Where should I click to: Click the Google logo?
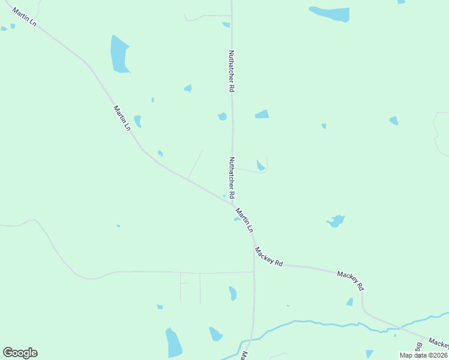pyautogui.click(x=20, y=353)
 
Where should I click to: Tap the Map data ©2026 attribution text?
pyautogui.click(x=424, y=355)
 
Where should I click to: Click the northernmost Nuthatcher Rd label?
pyautogui.click(x=231, y=71)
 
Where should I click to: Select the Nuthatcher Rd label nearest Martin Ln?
pyautogui.click(x=231, y=178)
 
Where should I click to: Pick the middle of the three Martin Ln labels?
pyautogui.click(x=122, y=118)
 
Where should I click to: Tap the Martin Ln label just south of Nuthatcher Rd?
pyautogui.click(x=244, y=221)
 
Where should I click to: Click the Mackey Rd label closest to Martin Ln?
pyautogui.click(x=268, y=256)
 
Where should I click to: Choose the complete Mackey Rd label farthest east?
pyautogui.click(x=351, y=281)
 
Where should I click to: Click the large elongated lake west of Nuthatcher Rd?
pyautogui.click(x=119, y=55)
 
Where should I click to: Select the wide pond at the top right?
pyautogui.click(x=330, y=13)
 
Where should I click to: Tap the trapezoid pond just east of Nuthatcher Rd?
pyautogui.click(x=262, y=114)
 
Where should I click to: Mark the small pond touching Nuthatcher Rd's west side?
pyautogui.click(x=222, y=116)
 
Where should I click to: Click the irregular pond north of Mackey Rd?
pyautogui.click(x=336, y=221)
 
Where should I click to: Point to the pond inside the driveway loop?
pyautogui.click(x=261, y=165)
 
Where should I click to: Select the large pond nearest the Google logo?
pyautogui.click(x=173, y=343)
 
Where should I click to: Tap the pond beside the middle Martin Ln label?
pyautogui.click(x=137, y=121)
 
